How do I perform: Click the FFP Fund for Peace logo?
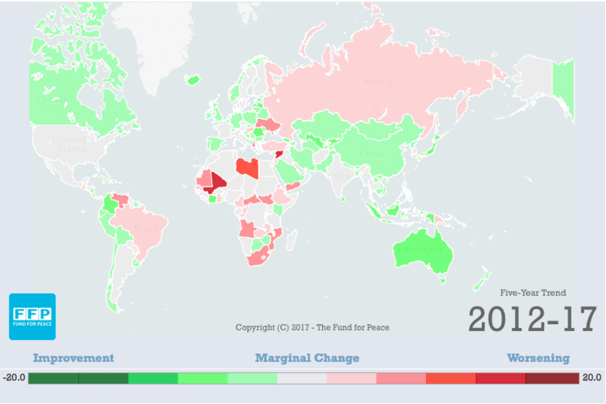coord(32,316)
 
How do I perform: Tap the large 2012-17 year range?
coord(532,319)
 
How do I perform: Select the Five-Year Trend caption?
coord(533,293)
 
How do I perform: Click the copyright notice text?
coord(312,327)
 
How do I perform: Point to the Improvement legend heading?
coord(73,358)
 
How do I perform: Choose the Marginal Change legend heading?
coord(307,358)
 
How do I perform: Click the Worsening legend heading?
coord(538,358)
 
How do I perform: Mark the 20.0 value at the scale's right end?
coord(592,377)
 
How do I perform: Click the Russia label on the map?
coord(378,81)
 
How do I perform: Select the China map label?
coord(372,154)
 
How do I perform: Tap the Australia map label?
coord(423,250)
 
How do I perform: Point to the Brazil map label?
coord(146,229)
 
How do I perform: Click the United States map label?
coord(71,144)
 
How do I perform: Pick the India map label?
coord(339,176)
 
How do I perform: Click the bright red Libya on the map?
coord(247,168)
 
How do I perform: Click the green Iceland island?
coord(192,79)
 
